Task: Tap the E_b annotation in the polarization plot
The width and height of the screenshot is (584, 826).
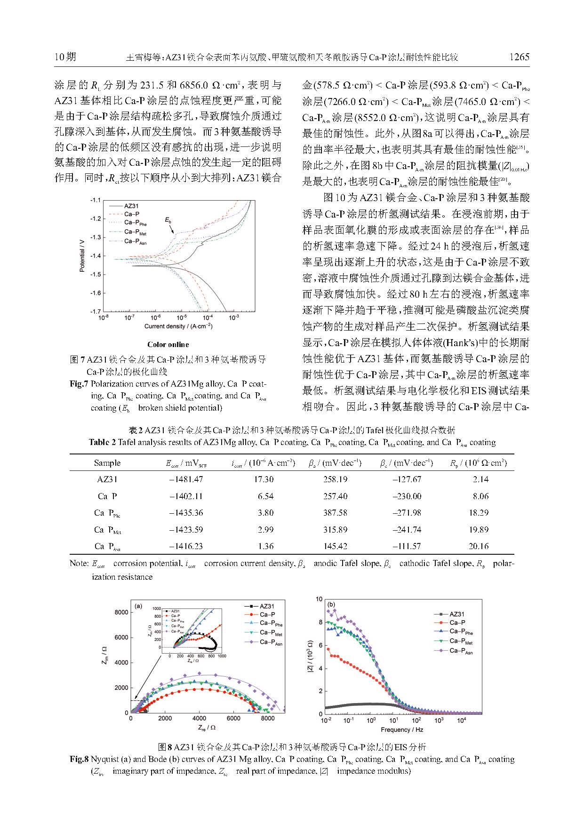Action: click(x=168, y=220)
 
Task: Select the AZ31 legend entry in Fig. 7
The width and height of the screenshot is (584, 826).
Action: click(x=131, y=206)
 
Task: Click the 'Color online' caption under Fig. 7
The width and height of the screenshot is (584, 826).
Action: click(x=168, y=344)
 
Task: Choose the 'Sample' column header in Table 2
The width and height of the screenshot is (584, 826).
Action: click(x=107, y=462)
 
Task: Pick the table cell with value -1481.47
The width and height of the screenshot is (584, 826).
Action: click(x=186, y=479)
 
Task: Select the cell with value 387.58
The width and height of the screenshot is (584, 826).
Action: click(x=335, y=512)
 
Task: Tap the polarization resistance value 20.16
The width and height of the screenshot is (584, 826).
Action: click(x=479, y=546)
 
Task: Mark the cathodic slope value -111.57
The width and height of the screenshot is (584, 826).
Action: click(x=407, y=546)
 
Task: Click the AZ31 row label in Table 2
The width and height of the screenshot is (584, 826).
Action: click(x=107, y=479)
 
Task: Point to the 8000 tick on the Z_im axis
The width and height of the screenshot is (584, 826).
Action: click(x=121, y=612)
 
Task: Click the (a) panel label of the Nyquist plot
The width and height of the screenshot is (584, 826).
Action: click(x=138, y=606)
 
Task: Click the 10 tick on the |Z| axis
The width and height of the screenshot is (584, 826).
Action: click(x=319, y=599)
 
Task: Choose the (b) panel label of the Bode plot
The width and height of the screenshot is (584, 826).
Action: click(x=331, y=604)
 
